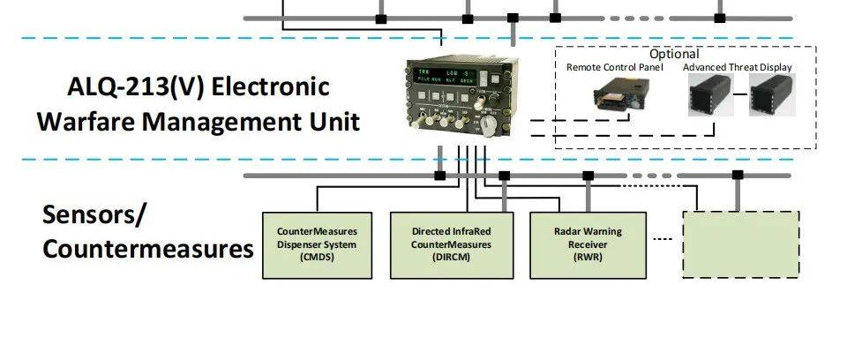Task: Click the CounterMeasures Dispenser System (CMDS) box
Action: [x=318, y=244]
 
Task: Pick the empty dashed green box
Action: [x=741, y=244]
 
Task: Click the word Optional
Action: [x=673, y=55]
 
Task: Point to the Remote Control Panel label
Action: [x=614, y=67]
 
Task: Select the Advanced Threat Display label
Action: [x=738, y=67]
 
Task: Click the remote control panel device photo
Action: [x=616, y=97]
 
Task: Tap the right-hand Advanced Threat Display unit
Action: [x=773, y=94]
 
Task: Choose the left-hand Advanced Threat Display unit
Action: [x=711, y=94]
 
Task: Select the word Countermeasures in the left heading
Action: [x=148, y=250]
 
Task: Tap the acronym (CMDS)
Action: [x=318, y=258]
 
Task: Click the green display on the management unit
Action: [x=449, y=76]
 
